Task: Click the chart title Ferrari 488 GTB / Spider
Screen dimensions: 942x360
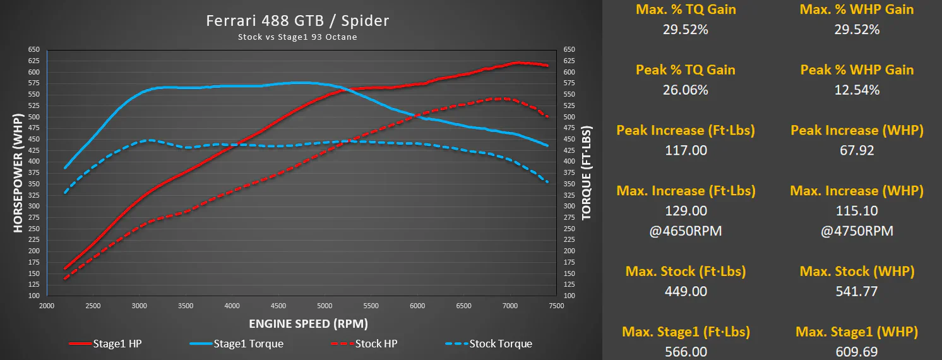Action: [297, 21]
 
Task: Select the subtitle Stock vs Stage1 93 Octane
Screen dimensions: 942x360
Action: [297, 37]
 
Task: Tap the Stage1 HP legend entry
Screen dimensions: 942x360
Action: [105, 344]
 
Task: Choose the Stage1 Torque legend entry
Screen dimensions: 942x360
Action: [236, 344]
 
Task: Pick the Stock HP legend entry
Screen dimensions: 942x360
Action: [364, 344]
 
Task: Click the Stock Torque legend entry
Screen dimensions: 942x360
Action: [489, 344]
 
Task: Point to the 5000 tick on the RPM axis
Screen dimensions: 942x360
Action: [325, 306]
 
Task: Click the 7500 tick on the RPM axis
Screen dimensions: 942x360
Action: [556, 306]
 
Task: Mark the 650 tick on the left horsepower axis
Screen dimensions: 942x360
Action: [34, 50]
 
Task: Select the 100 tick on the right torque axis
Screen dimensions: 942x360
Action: [569, 296]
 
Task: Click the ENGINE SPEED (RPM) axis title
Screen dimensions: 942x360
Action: [308, 324]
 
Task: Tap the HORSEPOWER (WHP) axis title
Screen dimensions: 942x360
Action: [18, 173]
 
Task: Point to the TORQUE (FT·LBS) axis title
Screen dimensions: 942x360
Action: [587, 173]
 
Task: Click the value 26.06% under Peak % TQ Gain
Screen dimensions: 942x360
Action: [686, 90]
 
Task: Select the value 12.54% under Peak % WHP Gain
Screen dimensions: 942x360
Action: [857, 90]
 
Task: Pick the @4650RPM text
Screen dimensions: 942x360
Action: [686, 231]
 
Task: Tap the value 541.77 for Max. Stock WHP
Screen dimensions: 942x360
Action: [857, 291]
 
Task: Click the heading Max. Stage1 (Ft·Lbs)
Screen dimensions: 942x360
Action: [686, 332]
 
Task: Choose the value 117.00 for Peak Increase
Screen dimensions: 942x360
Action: [686, 150]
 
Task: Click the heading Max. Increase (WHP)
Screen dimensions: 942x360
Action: [857, 191]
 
